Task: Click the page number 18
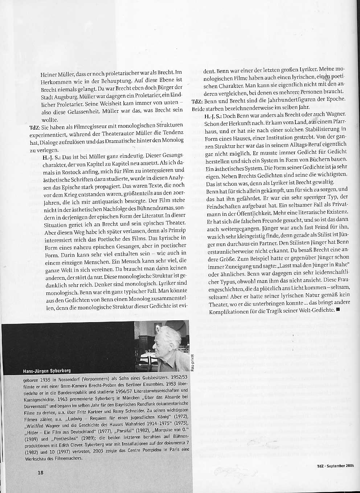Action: [40, 472]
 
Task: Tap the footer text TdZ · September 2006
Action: [335, 466]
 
